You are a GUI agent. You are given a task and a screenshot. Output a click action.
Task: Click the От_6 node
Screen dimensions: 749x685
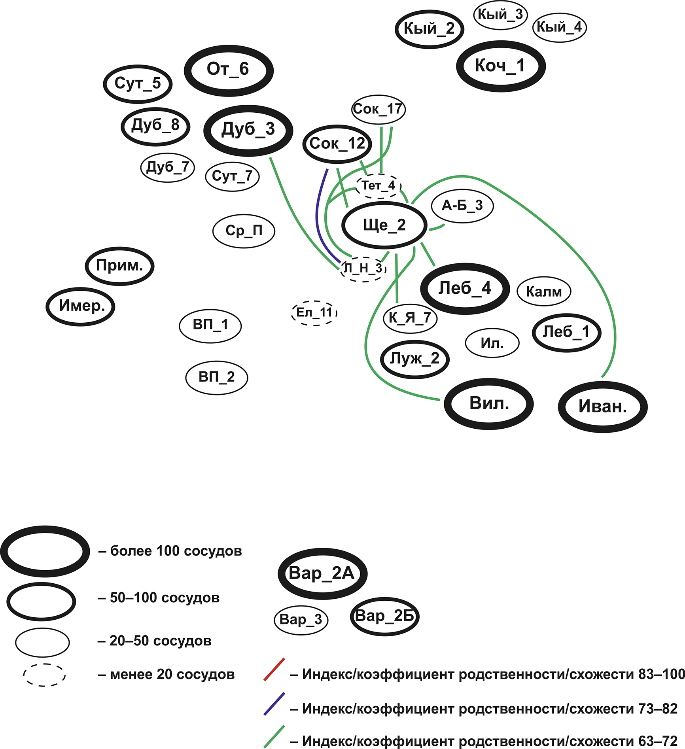228,70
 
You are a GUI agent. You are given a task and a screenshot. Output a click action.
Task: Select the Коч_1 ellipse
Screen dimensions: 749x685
500,66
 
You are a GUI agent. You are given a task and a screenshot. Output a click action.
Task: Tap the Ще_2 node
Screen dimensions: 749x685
384,225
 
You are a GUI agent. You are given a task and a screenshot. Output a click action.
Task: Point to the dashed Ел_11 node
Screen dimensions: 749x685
314,312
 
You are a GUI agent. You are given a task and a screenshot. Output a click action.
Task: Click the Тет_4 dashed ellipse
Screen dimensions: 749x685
378,185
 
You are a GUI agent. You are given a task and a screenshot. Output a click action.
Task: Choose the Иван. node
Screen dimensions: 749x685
602,407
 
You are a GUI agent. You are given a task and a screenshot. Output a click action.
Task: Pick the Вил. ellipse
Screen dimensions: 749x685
489,404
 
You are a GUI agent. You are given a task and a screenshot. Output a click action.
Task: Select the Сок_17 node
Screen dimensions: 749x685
378,109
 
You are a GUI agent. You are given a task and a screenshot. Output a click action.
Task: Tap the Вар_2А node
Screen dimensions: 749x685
322,573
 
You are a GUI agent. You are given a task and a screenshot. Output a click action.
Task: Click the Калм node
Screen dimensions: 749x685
544,291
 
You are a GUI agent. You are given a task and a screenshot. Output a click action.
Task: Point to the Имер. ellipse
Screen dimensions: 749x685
81,306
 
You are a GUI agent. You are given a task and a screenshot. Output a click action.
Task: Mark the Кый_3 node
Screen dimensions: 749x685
500,15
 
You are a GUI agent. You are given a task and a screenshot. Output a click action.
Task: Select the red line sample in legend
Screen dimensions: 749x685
274,669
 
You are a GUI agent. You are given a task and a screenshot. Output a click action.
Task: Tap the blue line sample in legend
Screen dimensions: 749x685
274,704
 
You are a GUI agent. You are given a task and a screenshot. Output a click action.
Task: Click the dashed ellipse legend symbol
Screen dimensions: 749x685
44,675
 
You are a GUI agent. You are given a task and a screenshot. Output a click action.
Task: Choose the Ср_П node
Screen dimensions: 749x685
244,231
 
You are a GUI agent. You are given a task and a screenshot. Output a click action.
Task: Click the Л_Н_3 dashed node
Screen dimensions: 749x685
363,268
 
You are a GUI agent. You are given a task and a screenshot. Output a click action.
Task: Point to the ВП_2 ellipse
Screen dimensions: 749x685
217,377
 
